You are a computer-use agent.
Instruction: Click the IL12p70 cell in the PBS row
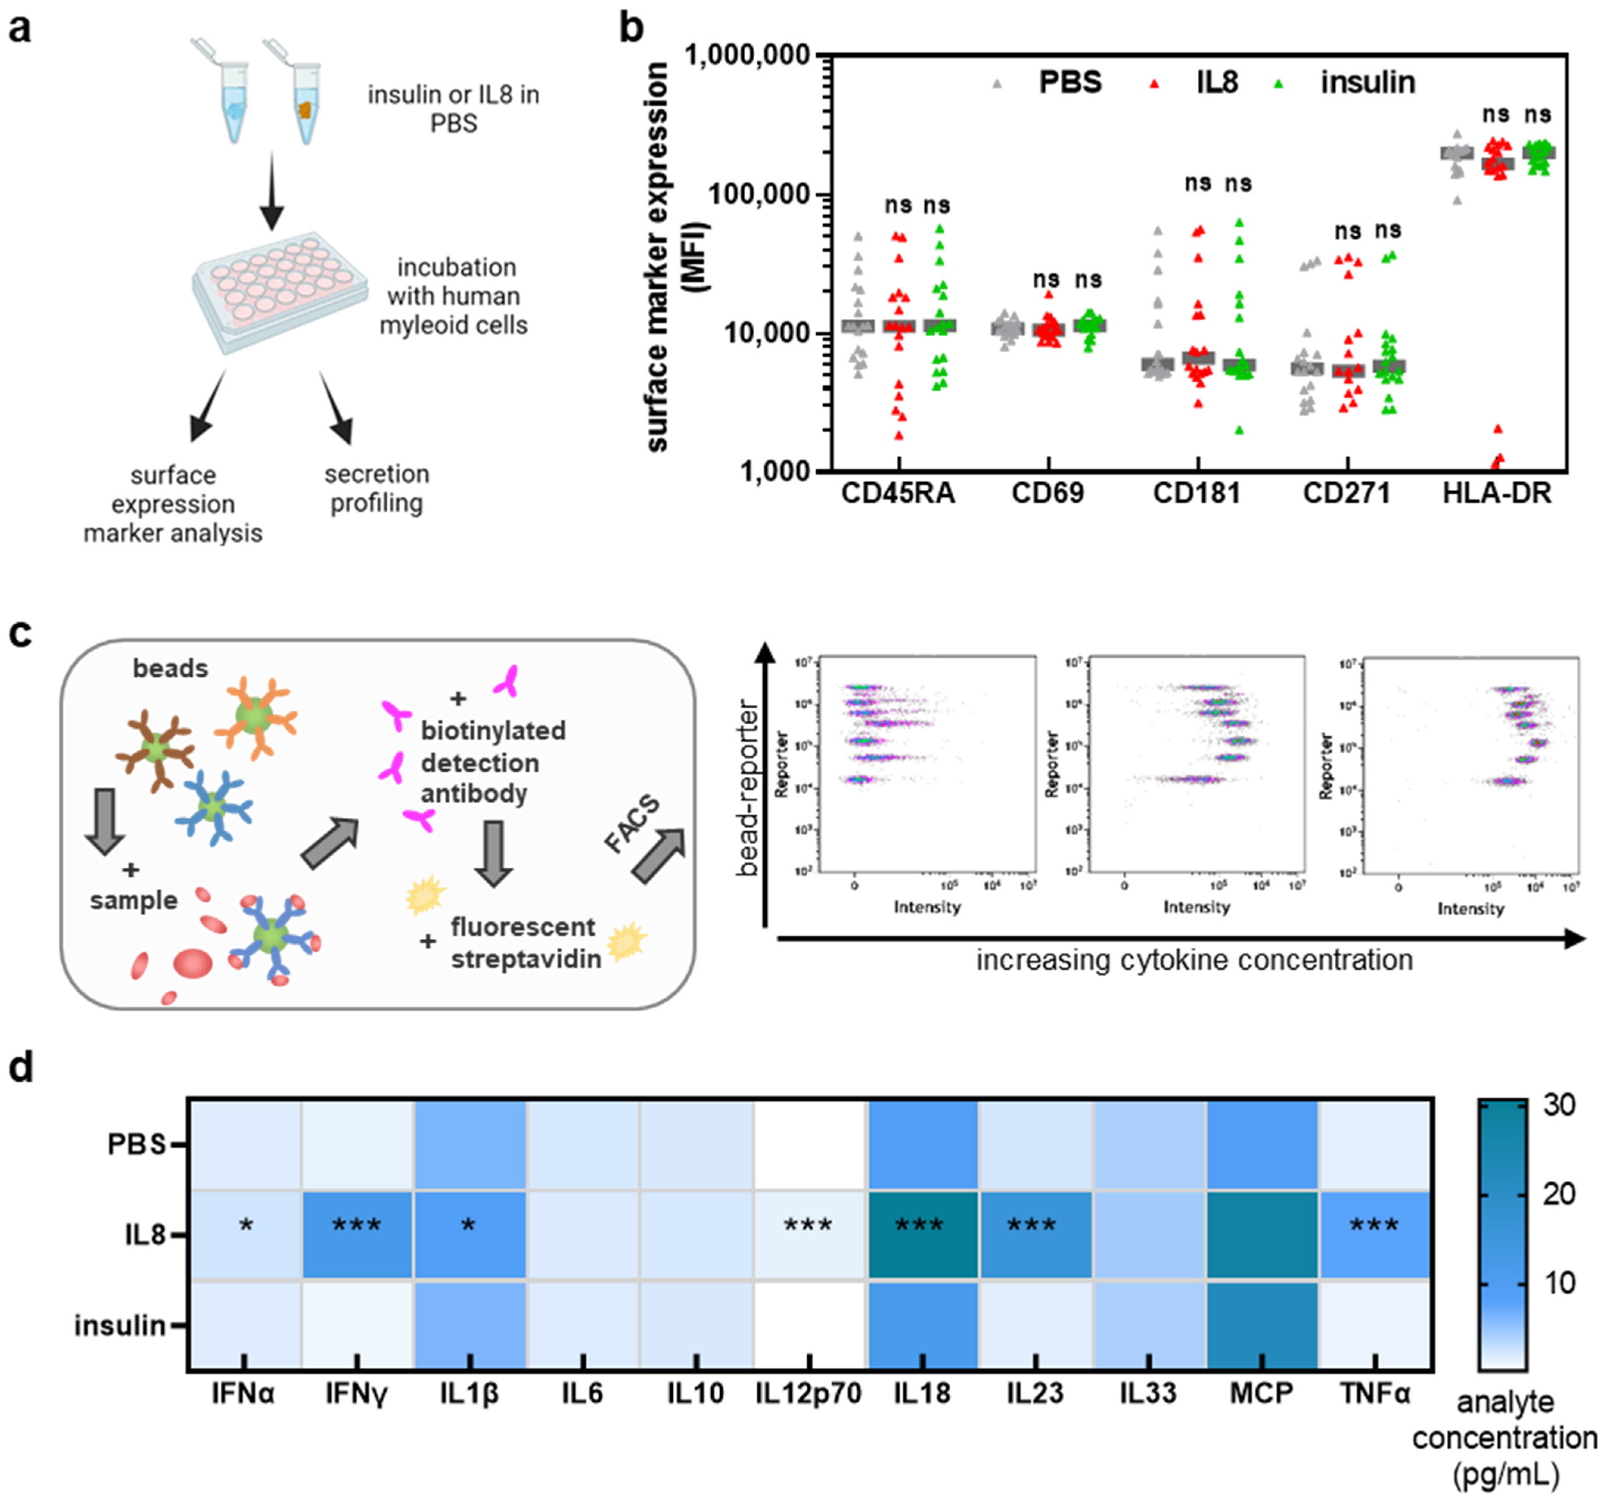(808, 1144)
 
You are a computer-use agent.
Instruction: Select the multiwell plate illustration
(276, 292)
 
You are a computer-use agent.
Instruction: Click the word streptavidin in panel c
(525, 959)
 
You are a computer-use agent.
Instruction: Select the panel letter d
(21, 1068)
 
